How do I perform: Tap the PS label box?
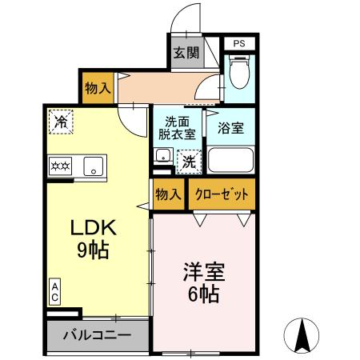pos(239,43)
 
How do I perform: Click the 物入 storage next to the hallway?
pos(98,88)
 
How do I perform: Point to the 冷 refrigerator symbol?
pos(60,122)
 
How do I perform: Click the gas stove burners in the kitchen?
pos(62,166)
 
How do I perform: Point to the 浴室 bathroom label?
pos(230,126)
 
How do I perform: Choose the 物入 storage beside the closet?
pos(167,194)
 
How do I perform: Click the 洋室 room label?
pos(204,272)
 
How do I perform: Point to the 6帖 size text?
pos(204,294)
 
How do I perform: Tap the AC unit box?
pos(55,291)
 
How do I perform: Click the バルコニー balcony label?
pos(97,334)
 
